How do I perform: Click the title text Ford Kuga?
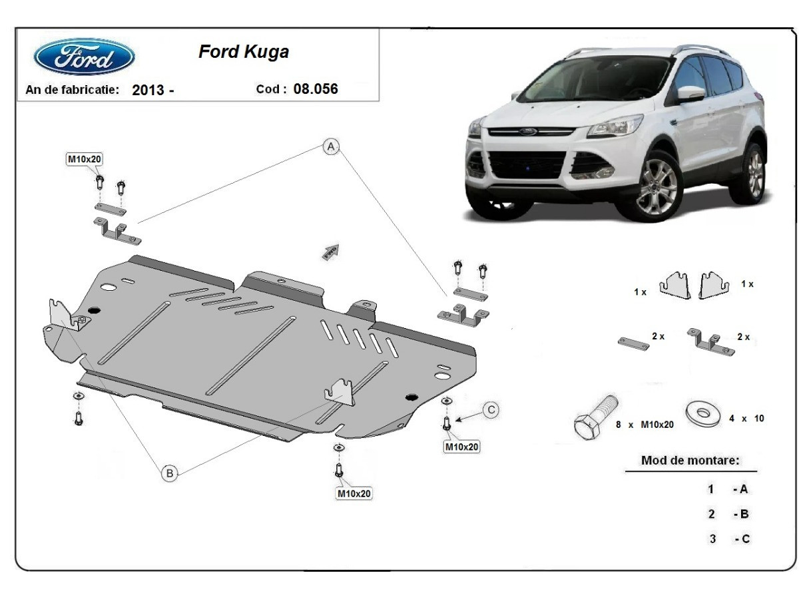click(244, 52)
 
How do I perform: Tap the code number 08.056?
click(316, 89)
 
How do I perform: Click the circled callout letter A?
click(331, 146)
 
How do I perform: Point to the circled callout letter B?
click(170, 473)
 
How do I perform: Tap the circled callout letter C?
click(491, 410)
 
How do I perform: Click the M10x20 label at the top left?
click(85, 159)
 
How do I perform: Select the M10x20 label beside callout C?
click(461, 447)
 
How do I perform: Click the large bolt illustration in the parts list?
click(595, 417)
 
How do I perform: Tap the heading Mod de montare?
click(690, 460)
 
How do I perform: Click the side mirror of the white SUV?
click(690, 93)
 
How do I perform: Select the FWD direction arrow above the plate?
click(331, 252)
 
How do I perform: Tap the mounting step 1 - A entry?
click(728, 489)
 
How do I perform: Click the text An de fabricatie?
click(73, 89)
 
